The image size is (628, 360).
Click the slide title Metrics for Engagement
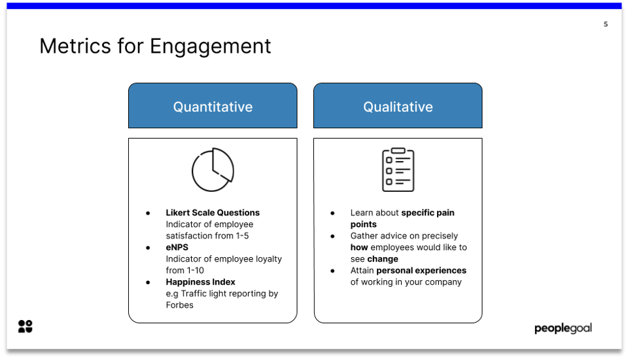155,46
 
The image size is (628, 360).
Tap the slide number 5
605,24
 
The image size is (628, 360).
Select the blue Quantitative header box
213,106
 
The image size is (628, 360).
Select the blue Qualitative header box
398,106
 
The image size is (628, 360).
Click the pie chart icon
213,170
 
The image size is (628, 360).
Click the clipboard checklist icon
398,170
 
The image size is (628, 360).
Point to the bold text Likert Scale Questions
213,213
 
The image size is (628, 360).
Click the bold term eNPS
177,247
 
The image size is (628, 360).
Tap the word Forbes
180,305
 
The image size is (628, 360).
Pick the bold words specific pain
428,213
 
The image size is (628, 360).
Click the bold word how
359,247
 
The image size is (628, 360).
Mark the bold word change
383,259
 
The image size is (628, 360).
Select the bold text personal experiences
421,270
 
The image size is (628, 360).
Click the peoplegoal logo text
563,328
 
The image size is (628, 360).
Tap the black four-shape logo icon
26,327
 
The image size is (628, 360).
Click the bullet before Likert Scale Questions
148,213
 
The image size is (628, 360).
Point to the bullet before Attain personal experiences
333,271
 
